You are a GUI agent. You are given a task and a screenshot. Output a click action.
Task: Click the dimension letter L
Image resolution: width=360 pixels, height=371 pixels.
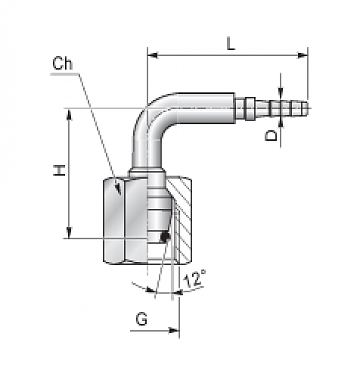click(x=231, y=44)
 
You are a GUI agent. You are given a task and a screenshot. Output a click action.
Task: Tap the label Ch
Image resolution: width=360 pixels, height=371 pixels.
click(x=62, y=63)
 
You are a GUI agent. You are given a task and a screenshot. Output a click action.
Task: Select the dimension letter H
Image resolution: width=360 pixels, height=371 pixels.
click(x=60, y=170)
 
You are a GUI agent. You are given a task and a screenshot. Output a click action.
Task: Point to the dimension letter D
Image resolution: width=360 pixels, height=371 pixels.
click(x=271, y=135)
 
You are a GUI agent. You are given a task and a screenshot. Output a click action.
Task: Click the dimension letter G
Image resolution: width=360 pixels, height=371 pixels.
click(x=142, y=319)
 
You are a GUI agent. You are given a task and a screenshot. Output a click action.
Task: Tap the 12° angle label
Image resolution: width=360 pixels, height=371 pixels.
click(x=194, y=279)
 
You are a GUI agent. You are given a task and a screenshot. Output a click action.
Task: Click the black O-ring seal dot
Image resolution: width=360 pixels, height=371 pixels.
click(x=165, y=237)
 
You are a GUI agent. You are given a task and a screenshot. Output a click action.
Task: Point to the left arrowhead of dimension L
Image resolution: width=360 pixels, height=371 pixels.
click(x=153, y=55)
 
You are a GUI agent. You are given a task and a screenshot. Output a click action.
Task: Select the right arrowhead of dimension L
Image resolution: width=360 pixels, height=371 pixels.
click(x=302, y=55)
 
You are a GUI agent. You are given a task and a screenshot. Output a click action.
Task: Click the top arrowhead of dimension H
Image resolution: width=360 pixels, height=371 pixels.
click(x=69, y=114)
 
